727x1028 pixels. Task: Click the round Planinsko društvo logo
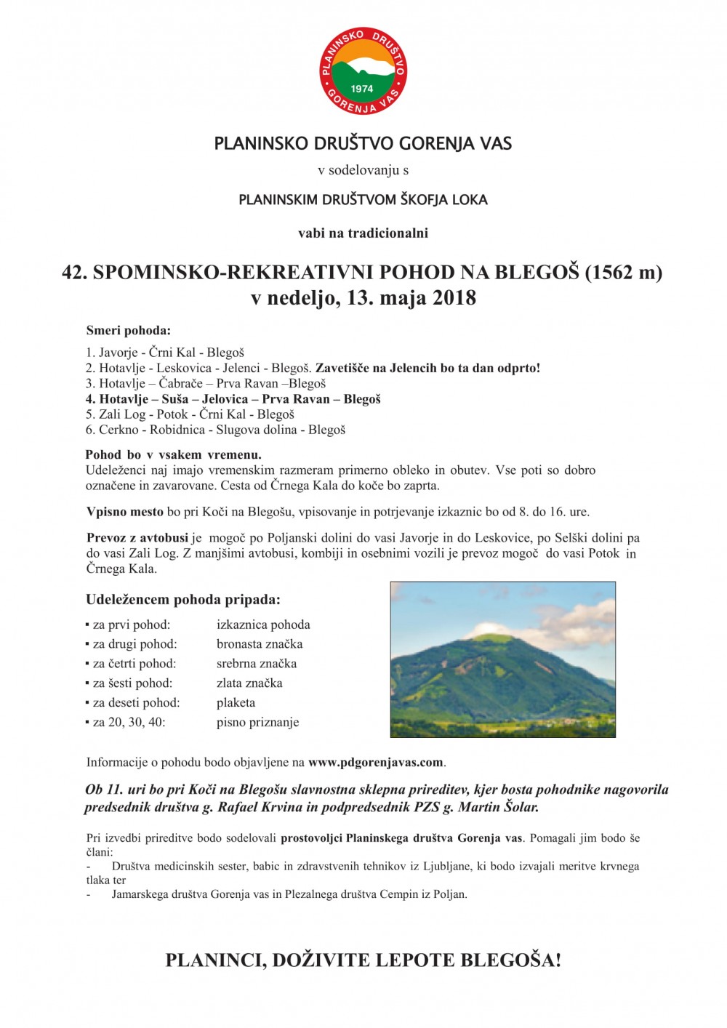[x=363, y=71]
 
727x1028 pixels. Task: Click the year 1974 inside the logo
[x=361, y=89]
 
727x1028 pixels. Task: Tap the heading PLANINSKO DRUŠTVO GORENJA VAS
[x=363, y=143]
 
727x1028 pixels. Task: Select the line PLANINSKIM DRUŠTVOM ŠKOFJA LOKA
[x=363, y=199]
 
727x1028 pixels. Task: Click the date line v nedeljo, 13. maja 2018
[x=363, y=298]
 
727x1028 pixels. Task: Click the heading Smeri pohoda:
[x=129, y=331]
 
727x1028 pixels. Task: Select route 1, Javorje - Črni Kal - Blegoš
[x=165, y=353]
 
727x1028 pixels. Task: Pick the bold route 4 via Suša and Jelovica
[x=233, y=399]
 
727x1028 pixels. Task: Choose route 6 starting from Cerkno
[x=215, y=430]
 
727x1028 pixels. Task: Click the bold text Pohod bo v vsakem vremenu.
[x=173, y=455]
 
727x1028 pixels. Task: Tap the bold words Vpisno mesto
[x=125, y=512]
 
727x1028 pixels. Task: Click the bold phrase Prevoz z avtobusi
[x=137, y=538]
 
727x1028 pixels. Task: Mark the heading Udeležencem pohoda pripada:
[x=183, y=600]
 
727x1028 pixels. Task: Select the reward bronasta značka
[x=260, y=644]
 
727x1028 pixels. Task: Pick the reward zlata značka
[x=249, y=683]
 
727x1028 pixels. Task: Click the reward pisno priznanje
[x=257, y=723]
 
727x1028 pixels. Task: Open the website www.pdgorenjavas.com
[x=375, y=763]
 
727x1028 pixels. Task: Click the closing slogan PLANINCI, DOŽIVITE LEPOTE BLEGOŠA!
[x=363, y=960]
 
